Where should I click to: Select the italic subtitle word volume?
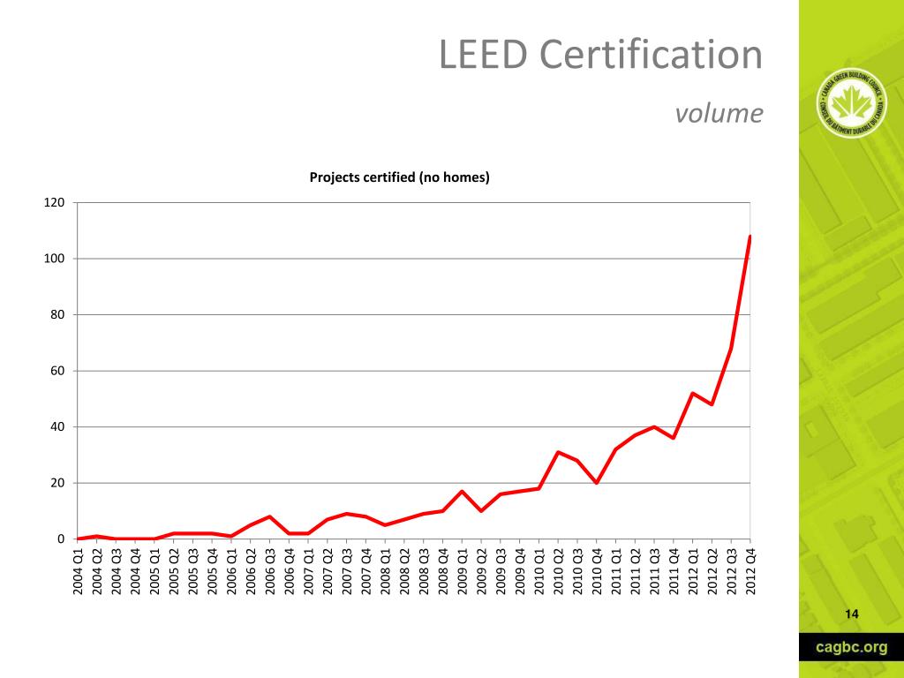pyautogui.click(x=718, y=114)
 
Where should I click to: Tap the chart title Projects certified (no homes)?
pyautogui.click(x=399, y=177)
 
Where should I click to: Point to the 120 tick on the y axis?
pyautogui.click(x=55, y=203)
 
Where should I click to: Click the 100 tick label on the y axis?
pyautogui.click(x=55, y=259)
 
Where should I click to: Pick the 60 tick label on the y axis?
pyautogui.click(x=57, y=371)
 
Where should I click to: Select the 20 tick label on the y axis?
pyautogui.click(x=57, y=483)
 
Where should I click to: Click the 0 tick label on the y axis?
pyautogui.click(x=61, y=539)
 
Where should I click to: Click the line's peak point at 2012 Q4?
pyautogui.click(x=750, y=237)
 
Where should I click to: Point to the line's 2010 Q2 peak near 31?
pyautogui.click(x=558, y=452)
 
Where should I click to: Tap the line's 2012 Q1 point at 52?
pyautogui.click(x=693, y=393)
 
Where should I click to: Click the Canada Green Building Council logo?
pyautogui.click(x=851, y=105)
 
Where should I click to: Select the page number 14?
pyautogui.click(x=852, y=614)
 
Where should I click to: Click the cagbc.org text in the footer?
pyautogui.click(x=851, y=647)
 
